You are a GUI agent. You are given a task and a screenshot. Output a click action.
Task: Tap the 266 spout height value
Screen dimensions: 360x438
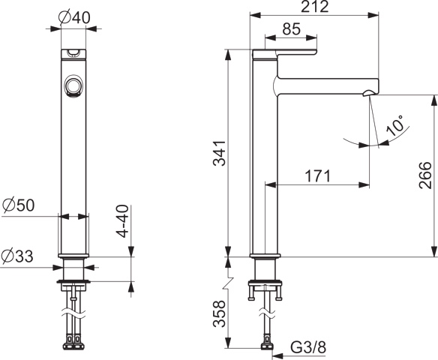point(424,176)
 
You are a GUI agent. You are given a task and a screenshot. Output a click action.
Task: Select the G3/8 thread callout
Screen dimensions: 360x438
point(308,347)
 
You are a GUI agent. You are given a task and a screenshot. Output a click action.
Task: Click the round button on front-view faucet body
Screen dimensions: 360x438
point(73,87)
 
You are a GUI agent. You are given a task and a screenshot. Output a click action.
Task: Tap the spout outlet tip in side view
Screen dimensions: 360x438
point(367,93)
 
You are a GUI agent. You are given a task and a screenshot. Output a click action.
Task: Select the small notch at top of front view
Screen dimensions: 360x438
point(73,52)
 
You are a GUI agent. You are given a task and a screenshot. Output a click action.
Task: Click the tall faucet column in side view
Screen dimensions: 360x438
point(265,165)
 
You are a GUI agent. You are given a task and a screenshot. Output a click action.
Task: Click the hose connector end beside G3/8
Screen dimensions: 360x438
point(266,347)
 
